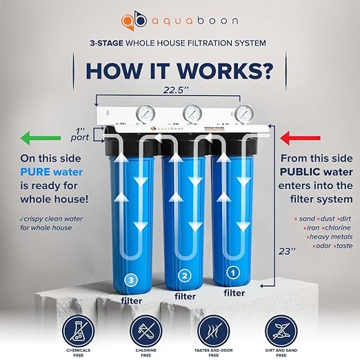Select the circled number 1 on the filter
[234, 273]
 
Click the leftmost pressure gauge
[130, 114]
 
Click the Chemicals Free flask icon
[79, 330]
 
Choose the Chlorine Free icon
[146, 330]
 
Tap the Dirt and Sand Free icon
[279, 330]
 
